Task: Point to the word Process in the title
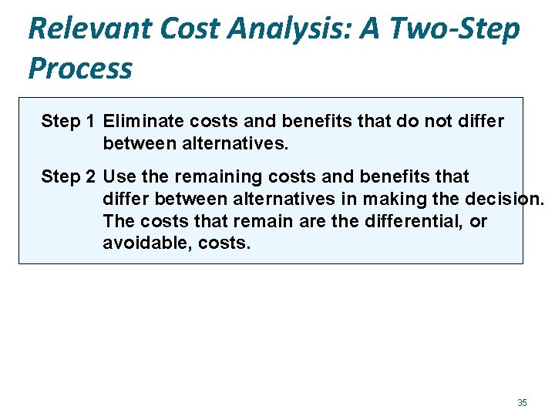80,69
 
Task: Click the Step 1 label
68,122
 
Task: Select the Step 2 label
68,177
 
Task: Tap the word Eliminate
140,122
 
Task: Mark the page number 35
522,403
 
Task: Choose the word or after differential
479,222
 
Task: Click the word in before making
351,200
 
